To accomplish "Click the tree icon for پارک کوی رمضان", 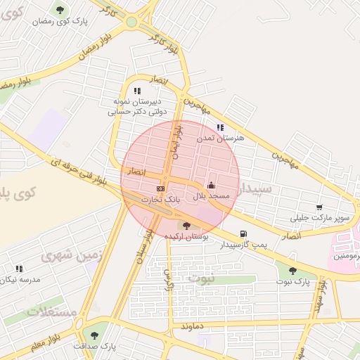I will (x=59, y=10).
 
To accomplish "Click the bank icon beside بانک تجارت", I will (x=161, y=188).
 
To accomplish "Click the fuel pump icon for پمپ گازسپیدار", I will (x=243, y=233).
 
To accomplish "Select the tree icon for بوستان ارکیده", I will (x=186, y=226).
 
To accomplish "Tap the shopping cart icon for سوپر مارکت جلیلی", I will (x=319, y=207).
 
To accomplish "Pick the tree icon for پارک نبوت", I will (x=292, y=271).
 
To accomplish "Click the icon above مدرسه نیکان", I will (x=19, y=269).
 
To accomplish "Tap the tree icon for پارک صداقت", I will (x=94, y=335).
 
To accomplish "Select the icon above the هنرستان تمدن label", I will (x=220, y=128).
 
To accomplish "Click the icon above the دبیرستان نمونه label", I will (x=137, y=91).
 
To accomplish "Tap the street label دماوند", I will (x=191, y=326).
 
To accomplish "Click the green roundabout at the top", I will (x=131, y=22).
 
